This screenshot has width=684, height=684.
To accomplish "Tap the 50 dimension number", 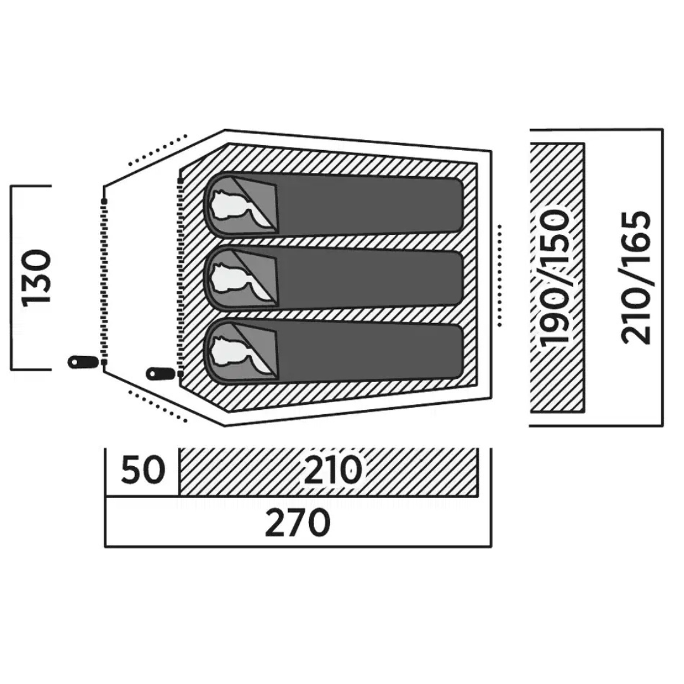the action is [x=143, y=470].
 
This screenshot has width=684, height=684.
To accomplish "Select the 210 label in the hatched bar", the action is [x=332, y=470].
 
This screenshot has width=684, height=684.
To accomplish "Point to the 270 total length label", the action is [x=298, y=523].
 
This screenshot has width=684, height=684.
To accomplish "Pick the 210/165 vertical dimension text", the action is [x=637, y=278].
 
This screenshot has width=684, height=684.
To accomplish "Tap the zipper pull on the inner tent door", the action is [x=161, y=374].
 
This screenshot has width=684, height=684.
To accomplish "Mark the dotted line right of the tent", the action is [x=499, y=275].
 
